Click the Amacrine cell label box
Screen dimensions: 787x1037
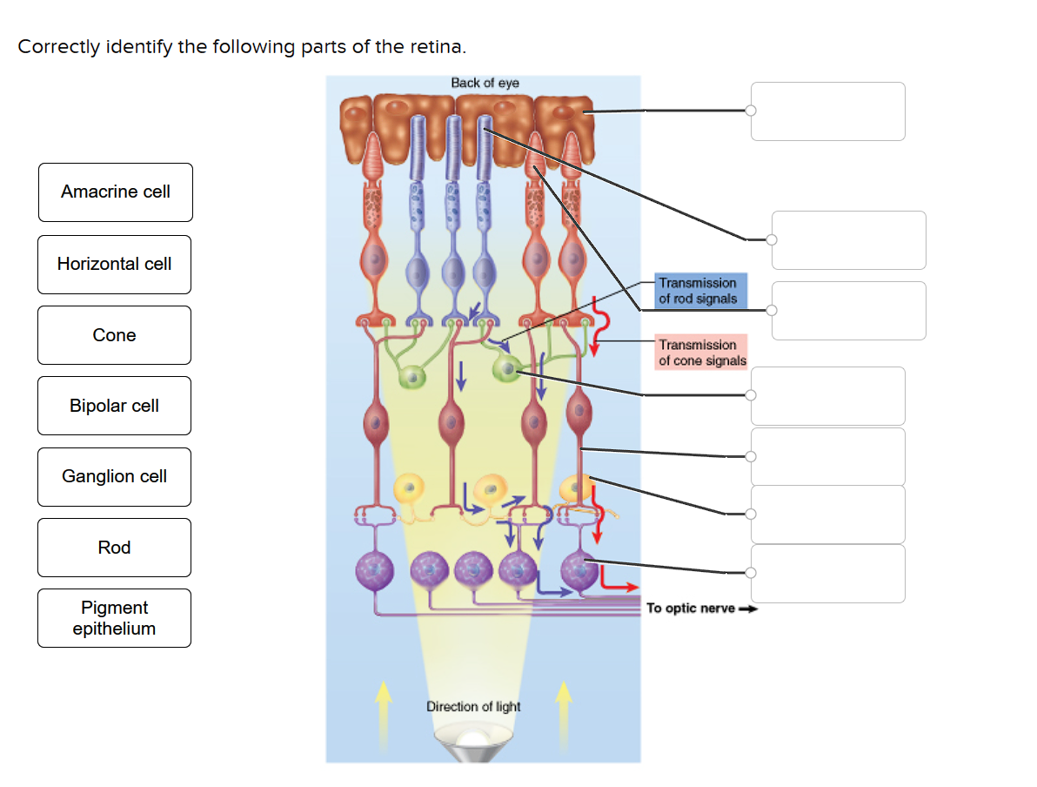tap(115, 192)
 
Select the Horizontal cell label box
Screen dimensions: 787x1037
tap(114, 264)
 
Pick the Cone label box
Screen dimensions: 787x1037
tap(114, 335)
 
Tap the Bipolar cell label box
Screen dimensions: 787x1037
tap(114, 406)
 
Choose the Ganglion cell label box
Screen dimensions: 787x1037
tap(114, 476)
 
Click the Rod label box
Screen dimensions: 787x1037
tap(114, 548)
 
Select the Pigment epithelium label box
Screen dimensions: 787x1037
tap(114, 618)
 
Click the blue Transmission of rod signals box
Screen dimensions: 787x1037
tap(698, 291)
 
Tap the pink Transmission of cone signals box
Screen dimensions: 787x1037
tap(702, 353)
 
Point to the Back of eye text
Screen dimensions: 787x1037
tap(485, 83)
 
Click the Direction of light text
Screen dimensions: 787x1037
tap(473, 706)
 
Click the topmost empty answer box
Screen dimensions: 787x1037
tap(827, 111)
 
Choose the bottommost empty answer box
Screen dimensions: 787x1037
tap(827, 574)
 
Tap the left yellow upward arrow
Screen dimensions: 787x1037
tap(380, 714)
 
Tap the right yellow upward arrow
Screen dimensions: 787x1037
tap(565, 714)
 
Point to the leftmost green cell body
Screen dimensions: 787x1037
tap(410, 377)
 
